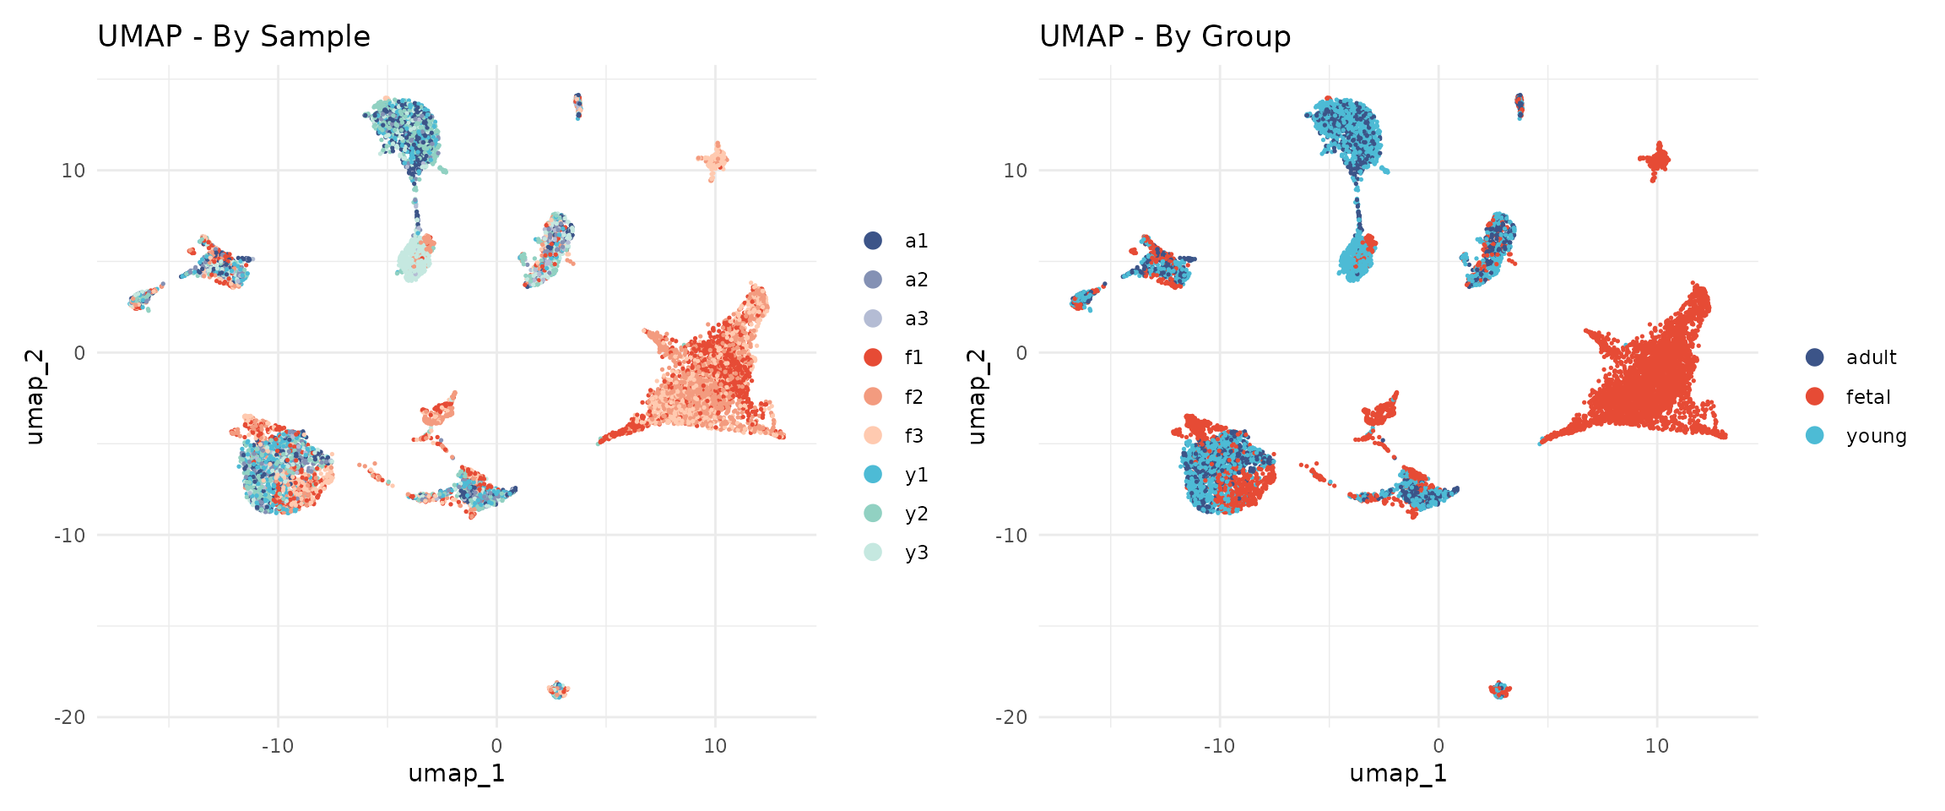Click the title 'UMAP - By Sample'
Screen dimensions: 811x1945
coord(234,36)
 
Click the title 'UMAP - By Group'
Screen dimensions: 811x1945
coord(1165,36)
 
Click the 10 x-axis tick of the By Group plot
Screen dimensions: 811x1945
coord(1656,746)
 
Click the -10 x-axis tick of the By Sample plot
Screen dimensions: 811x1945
coord(277,746)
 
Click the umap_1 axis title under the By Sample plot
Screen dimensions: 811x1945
coord(456,773)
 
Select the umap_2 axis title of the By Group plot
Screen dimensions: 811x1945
coord(977,396)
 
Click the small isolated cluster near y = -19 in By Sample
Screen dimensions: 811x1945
coord(558,690)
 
